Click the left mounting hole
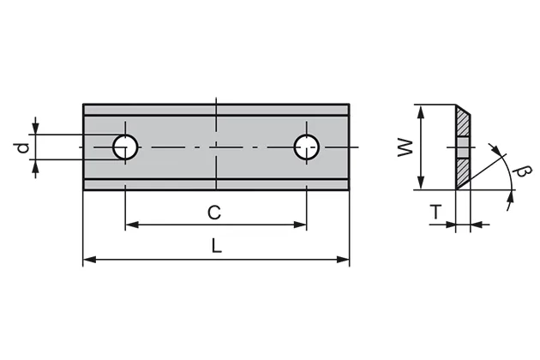pyautogui.click(x=126, y=147)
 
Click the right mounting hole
pyautogui.click(x=307, y=147)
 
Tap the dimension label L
pyautogui.click(x=216, y=246)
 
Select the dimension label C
pyautogui.click(x=216, y=211)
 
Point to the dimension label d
pyautogui.click(x=21, y=147)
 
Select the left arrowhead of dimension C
pyautogui.click(x=131, y=225)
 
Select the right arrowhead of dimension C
pyautogui.click(x=301, y=225)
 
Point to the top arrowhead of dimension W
pyautogui.click(x=420, y=109)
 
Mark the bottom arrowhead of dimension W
pyautogui.click(x=420, y=184)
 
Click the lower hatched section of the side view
pyautogui.click(x=463, y=172)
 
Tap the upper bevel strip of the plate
pyautogui.click(x=216, y=109)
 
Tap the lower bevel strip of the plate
pyautogui.click(x=216, y=183)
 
